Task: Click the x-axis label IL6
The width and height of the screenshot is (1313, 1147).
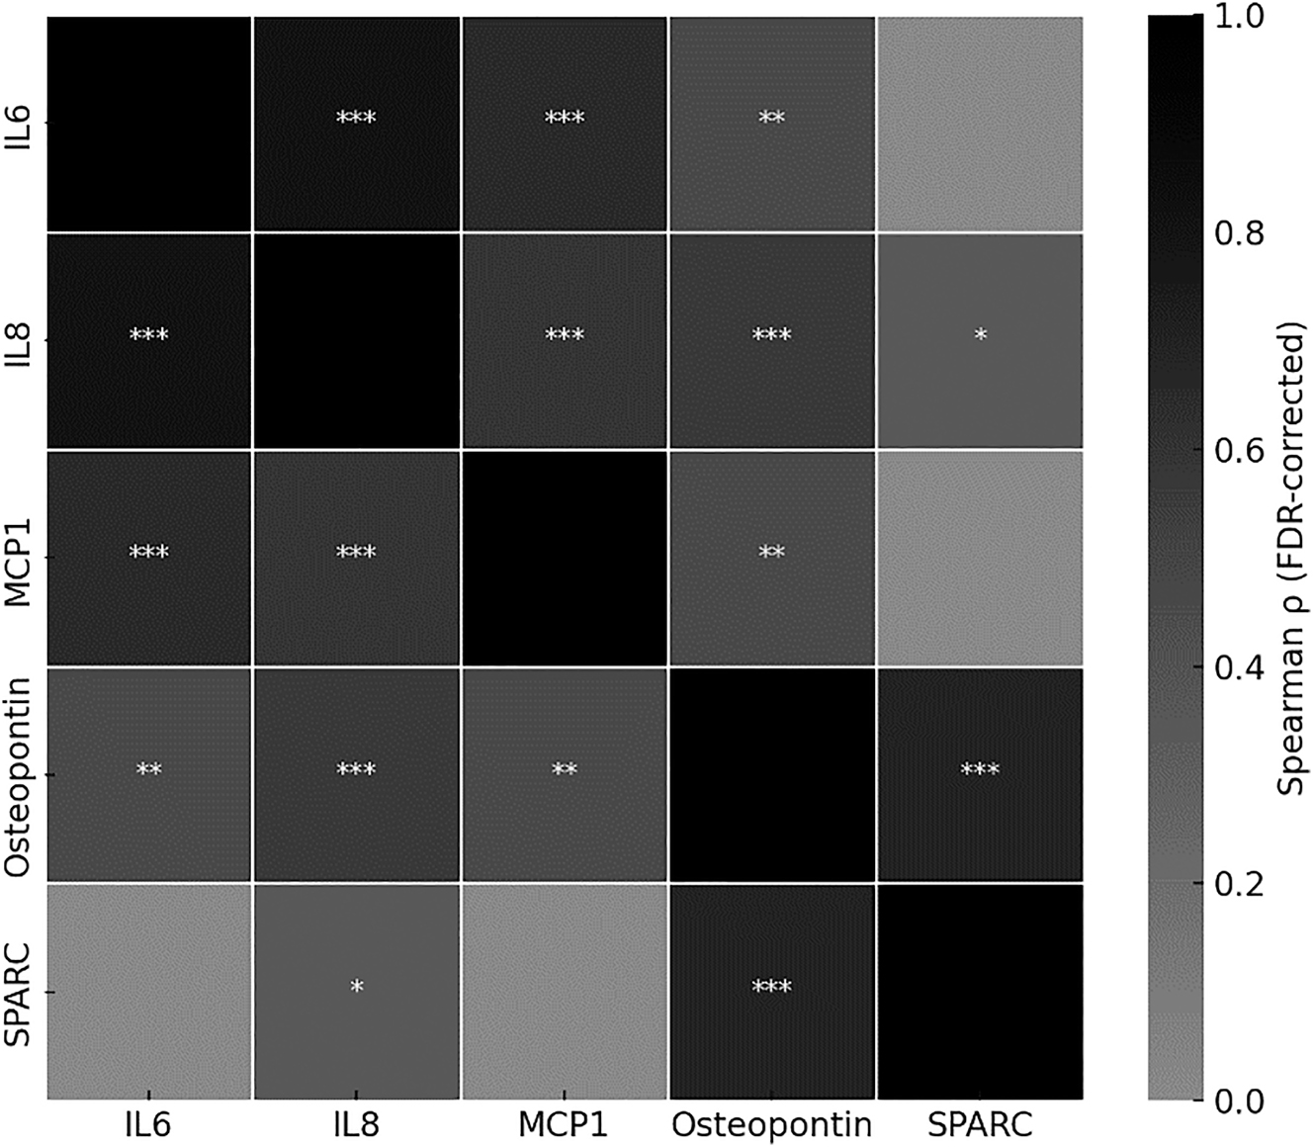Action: coord(148,1125)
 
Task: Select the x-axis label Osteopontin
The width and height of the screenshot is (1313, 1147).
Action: coord(771,1125)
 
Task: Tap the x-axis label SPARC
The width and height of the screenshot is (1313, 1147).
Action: coord(980,1125)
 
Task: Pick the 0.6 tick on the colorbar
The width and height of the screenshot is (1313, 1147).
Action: coord(1237,450)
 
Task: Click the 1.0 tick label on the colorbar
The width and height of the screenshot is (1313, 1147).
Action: coord(1237,16)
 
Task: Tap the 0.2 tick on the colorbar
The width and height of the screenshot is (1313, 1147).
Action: coord(1237,884)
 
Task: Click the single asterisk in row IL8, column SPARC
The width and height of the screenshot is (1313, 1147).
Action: coord(980,335)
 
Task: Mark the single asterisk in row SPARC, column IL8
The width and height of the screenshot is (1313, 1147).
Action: coord(357,986)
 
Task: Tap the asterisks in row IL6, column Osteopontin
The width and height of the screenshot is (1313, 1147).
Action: coord(771,119)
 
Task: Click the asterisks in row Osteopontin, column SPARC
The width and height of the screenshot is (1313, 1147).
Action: coord(980,769)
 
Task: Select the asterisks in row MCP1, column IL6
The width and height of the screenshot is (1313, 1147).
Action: coord(148,552)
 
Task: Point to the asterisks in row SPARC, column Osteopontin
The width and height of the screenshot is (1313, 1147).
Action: coord(771,986)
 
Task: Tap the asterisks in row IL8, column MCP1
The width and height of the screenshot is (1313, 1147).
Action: coord(565,335)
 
